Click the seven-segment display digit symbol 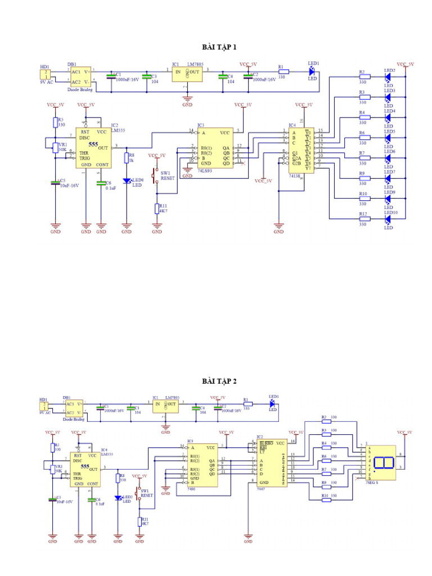coord(384,463)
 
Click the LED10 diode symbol coord(388,219)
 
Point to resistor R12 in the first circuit coord(363,219)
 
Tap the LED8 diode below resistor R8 coord(127,181)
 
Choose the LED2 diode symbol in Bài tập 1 coord(388,77)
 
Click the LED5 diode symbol coord(388,138)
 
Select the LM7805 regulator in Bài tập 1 coord(187,75)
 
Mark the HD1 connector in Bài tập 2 coord(43,406)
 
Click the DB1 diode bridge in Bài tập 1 coord(79,76)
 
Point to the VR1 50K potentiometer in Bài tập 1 coord(55,147)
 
